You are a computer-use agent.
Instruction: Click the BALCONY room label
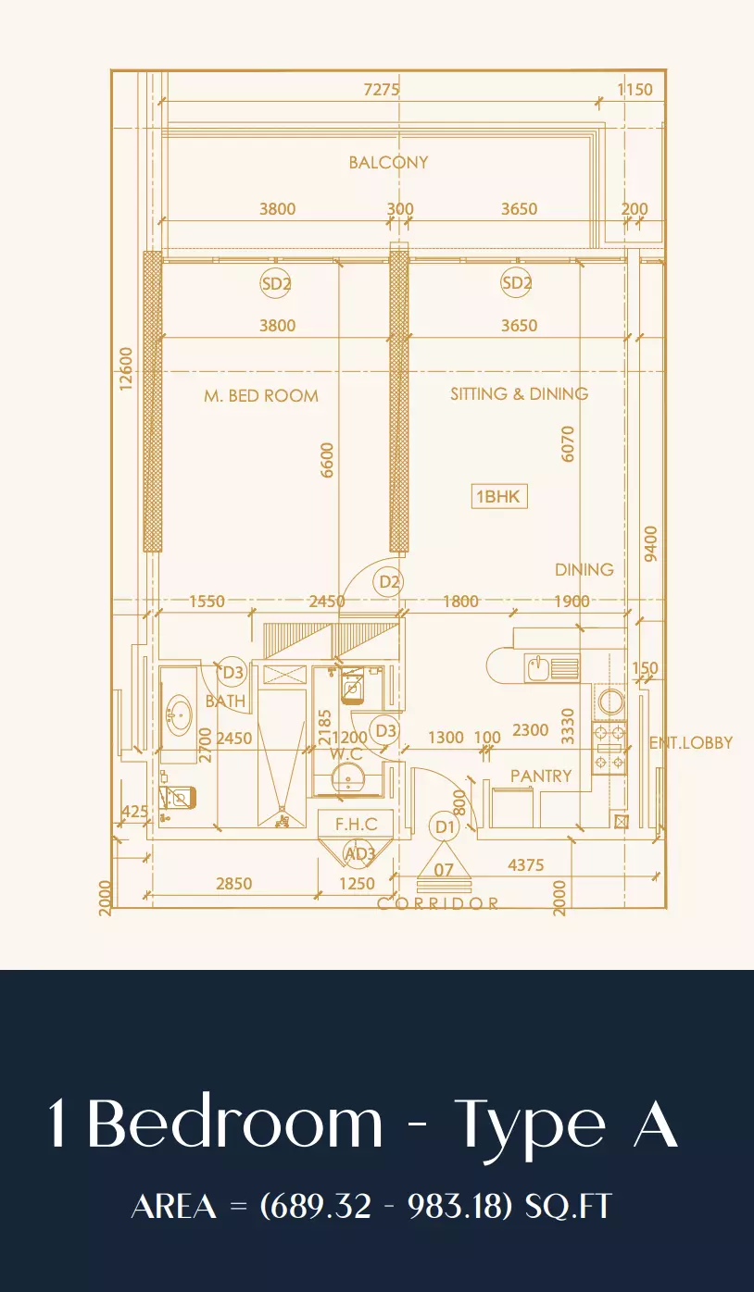click(388, 162)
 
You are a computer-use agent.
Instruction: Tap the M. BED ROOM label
click(261, 396)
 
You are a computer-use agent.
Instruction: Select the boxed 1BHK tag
click(499, 496)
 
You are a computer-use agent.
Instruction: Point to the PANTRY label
click(541, 776)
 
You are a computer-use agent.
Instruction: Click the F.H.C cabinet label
click(357, 825)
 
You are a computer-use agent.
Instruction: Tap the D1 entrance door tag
click(445, 826)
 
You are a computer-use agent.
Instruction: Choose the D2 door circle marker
click(388, 582)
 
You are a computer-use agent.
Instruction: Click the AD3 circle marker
click(359, 853)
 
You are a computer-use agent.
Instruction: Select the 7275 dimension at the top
click(382, 90)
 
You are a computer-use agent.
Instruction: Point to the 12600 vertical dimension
click(126, 368)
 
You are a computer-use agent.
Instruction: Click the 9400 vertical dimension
click(650, 543)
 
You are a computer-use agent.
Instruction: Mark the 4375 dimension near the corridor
click(525, 864)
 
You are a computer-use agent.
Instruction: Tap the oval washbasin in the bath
click(179, 715)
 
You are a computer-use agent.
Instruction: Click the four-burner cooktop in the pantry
click(609, 748)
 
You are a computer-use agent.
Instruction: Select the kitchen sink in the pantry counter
click(537, 668)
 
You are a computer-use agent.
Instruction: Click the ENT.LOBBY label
click(690, 742)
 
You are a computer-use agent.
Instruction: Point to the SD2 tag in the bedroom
click(275, 283)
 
